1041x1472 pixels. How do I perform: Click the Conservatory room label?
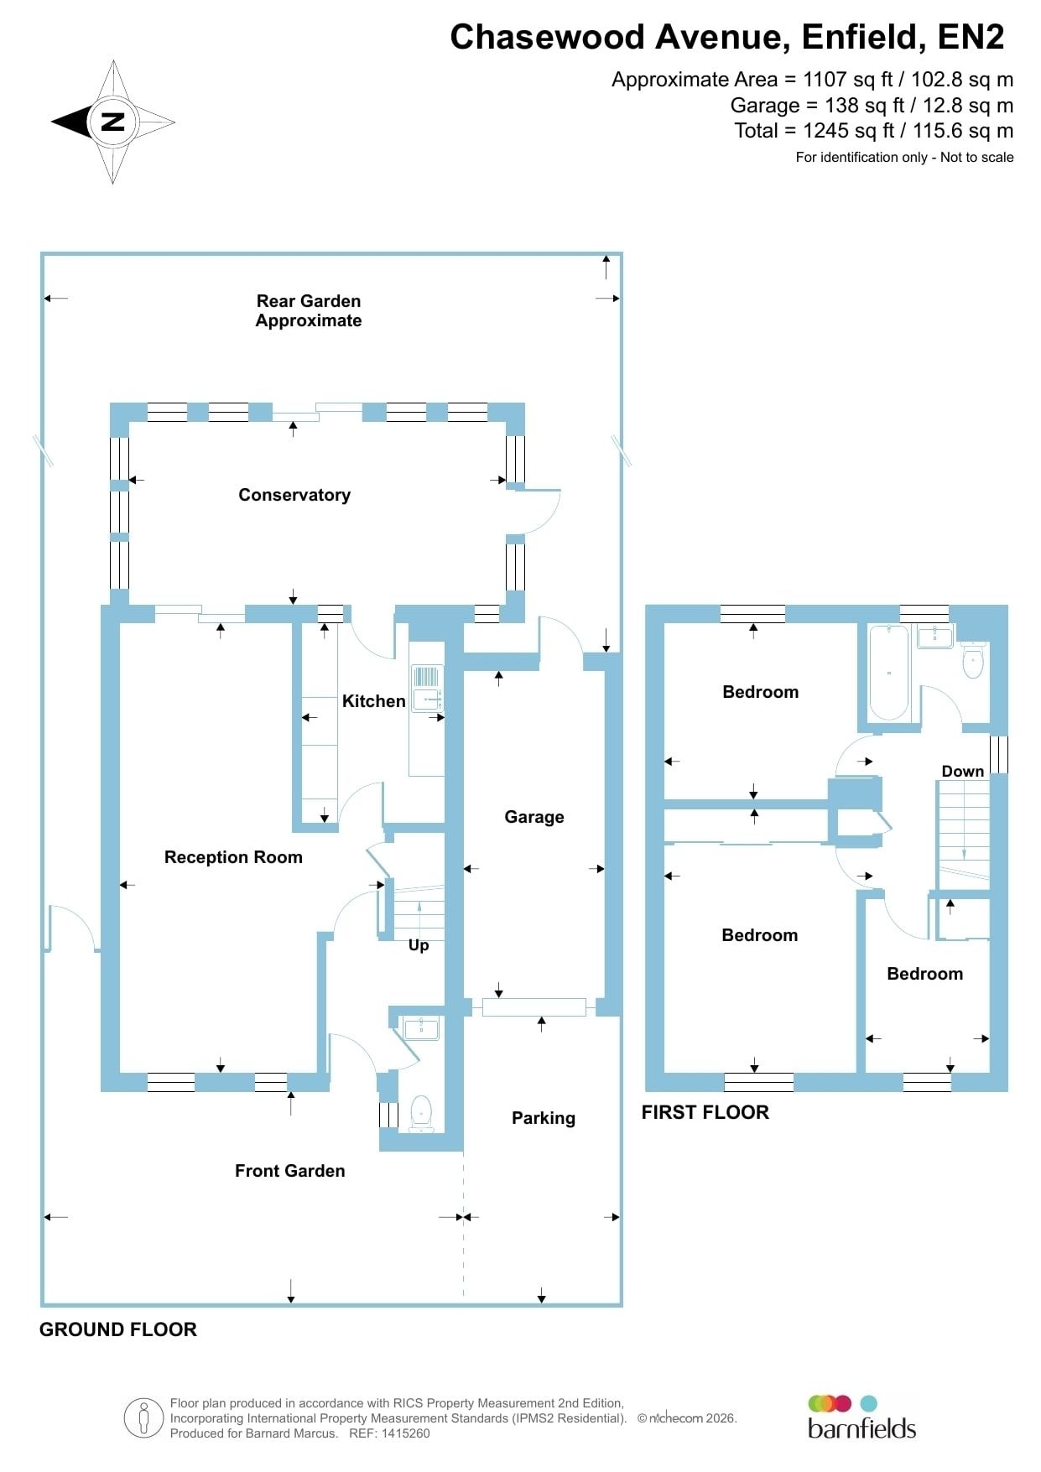[294, 495]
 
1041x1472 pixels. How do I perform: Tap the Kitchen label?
[373, 701]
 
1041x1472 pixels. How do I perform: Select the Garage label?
[534, 817]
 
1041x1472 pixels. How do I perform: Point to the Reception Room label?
[233, 857]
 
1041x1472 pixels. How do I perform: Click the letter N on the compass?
[112, 122]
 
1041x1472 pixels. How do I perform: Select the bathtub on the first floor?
[889, 673]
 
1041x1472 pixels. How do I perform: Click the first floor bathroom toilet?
[972, 660]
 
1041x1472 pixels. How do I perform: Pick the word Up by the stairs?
[419, 945]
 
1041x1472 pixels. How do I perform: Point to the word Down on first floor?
[963, 772]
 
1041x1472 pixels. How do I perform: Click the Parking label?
[544, 1118]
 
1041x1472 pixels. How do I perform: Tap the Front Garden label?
[290, 1171]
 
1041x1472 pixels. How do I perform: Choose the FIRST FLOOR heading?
[705, 1112]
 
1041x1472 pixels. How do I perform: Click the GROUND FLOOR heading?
[118, 1329]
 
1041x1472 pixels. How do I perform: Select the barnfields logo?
[861, 1417]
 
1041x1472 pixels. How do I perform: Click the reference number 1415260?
[407, 1433]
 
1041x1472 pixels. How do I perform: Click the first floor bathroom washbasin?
[935, 637]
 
